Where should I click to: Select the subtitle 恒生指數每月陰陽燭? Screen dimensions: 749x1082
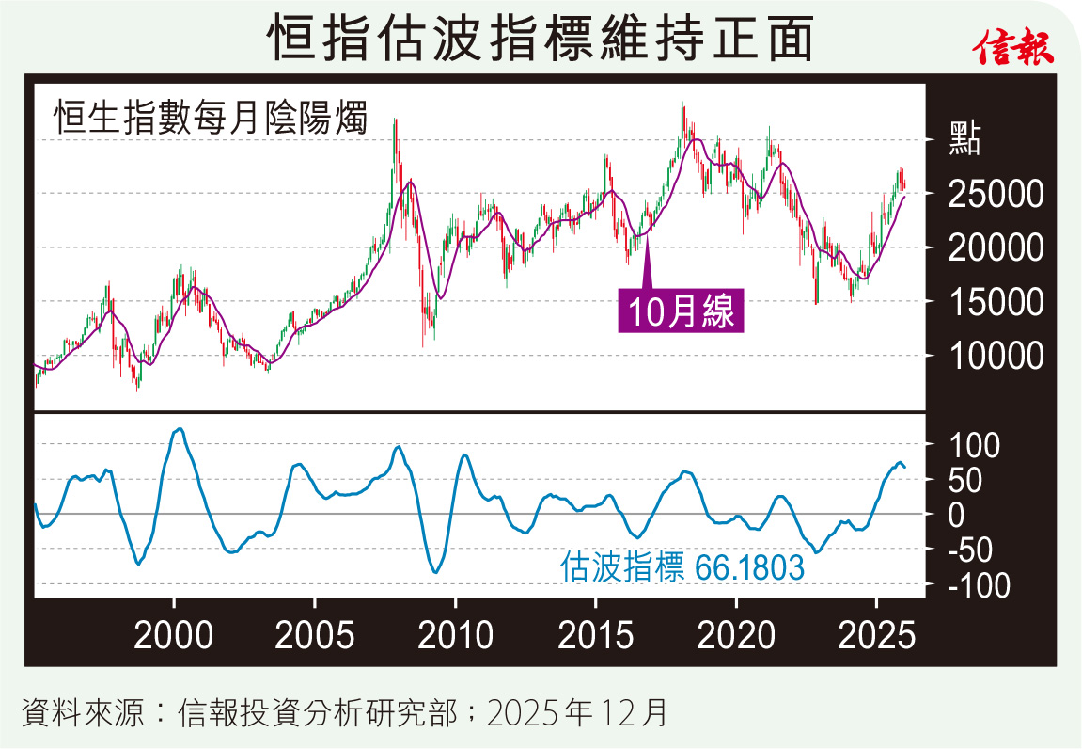210,120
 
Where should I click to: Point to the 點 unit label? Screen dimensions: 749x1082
964,139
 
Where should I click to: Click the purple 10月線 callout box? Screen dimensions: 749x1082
680,311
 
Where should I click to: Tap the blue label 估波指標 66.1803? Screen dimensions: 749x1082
682,567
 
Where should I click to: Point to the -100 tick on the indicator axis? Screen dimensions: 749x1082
979,585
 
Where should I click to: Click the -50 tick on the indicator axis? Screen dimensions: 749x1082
974,550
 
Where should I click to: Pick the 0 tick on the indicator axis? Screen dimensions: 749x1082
956,515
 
